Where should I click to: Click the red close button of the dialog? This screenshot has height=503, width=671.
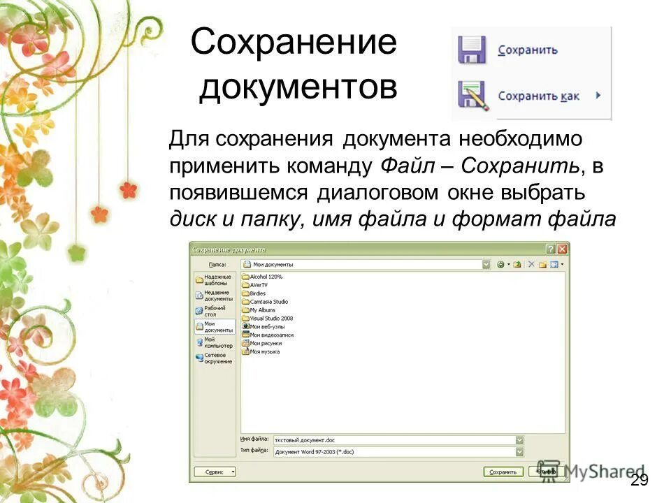[563, 249]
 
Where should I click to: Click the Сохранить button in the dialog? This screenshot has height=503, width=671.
[503, 472]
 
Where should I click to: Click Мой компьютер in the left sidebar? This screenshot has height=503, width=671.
[215, 342]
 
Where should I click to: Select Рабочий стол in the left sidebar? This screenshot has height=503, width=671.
[214, 311]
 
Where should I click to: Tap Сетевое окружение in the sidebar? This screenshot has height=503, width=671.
[215, 358]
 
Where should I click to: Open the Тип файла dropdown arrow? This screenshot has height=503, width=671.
[519, 451]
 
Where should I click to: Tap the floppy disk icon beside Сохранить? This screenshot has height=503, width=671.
[472, 50]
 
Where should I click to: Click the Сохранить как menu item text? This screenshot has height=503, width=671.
[538, 96]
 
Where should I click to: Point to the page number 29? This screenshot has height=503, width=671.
[639, 480]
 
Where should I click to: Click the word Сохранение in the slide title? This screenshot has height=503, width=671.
[294, 43]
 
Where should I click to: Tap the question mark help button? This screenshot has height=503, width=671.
[551, 249]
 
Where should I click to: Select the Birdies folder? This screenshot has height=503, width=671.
[257, 293]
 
